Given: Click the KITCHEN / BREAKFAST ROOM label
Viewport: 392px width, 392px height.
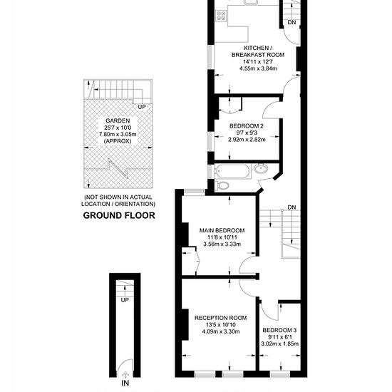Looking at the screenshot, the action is click(258, 51).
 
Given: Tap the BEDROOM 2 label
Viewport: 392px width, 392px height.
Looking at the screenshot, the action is click(247, 125).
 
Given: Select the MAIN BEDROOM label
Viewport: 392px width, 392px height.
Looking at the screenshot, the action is click(222, 230).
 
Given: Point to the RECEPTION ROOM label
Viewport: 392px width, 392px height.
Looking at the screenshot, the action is click(221, 318).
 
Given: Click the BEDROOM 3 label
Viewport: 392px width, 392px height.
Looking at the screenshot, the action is click(280, 330).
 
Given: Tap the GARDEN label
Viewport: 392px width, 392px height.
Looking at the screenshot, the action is click(118, 120).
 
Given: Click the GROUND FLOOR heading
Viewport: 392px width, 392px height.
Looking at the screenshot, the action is click(119, 215).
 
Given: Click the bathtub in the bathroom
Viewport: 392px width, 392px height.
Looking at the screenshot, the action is click(232, 171).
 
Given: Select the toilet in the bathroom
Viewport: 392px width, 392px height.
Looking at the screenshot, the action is click(222, 185).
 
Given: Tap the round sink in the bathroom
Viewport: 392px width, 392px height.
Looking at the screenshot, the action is click(261, 168).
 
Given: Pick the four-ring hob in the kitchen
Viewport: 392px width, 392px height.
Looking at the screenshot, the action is click(221, 16).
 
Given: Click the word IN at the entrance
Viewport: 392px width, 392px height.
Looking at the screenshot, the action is click(125, 383).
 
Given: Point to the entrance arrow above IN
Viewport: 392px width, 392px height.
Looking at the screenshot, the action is click(125, 375).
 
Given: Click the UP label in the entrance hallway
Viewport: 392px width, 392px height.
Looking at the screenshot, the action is click(125, 300).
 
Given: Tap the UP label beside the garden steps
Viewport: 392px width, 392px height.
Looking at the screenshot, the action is click(142, 107).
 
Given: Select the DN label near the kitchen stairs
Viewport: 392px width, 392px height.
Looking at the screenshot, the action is click(292, 22).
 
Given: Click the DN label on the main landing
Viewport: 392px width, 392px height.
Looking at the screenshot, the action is click(292, 207).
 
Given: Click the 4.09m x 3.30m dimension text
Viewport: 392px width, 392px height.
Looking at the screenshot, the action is click(221, 331).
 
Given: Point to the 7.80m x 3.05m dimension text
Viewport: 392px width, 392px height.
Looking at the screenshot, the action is click(118, 134).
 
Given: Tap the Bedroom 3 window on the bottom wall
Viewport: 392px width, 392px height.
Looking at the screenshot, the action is click(280, 375).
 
